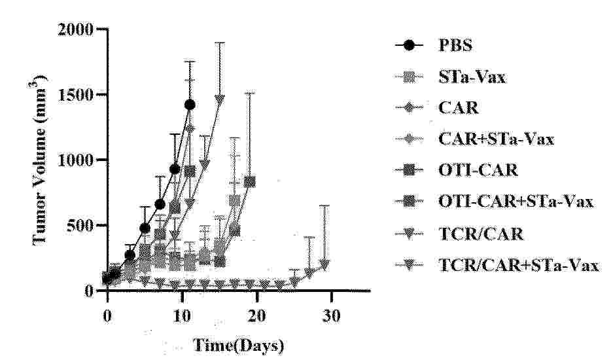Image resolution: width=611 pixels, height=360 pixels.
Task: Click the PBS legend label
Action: (x=455, y=46)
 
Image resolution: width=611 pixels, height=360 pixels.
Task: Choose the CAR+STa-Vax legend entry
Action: (x=496, y=139)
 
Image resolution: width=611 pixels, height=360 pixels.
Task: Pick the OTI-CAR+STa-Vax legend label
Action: (x=515, y=201)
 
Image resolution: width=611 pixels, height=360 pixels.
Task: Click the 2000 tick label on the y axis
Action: (x=74, y=29)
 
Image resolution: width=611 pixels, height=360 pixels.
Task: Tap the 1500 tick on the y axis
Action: (x=74, y=95)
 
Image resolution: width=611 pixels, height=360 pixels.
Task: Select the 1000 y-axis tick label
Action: (x=74, y=160)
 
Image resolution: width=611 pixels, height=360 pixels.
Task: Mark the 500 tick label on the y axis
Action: (x=79, y=226)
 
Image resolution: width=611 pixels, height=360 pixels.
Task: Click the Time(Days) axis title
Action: (x=238, y=344)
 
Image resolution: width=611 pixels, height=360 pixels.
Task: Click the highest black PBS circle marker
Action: (x=190, y=104)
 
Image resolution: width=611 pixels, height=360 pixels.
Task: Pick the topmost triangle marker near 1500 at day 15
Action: (x=220, y=99)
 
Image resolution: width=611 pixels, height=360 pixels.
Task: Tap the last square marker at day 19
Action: (x=249, y=181)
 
